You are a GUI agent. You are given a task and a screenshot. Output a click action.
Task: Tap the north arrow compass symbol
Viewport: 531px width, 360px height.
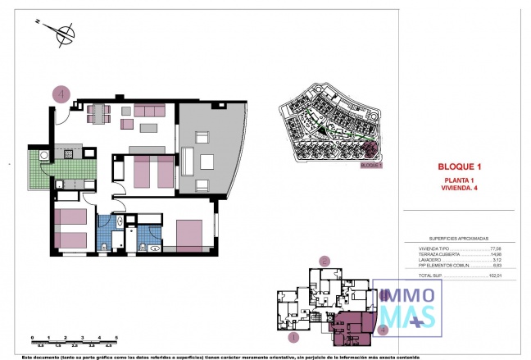[x=60, y=34]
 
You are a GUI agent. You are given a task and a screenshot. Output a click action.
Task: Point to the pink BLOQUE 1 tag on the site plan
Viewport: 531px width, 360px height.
[x=371, y=165]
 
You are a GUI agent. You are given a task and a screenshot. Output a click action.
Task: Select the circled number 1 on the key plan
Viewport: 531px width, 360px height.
[x=293, y=336]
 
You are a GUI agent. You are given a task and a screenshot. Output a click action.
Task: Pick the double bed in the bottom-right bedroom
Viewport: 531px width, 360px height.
[x=193, y=235]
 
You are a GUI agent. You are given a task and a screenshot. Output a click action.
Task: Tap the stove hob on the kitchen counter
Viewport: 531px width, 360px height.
[x=70, y=153]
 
